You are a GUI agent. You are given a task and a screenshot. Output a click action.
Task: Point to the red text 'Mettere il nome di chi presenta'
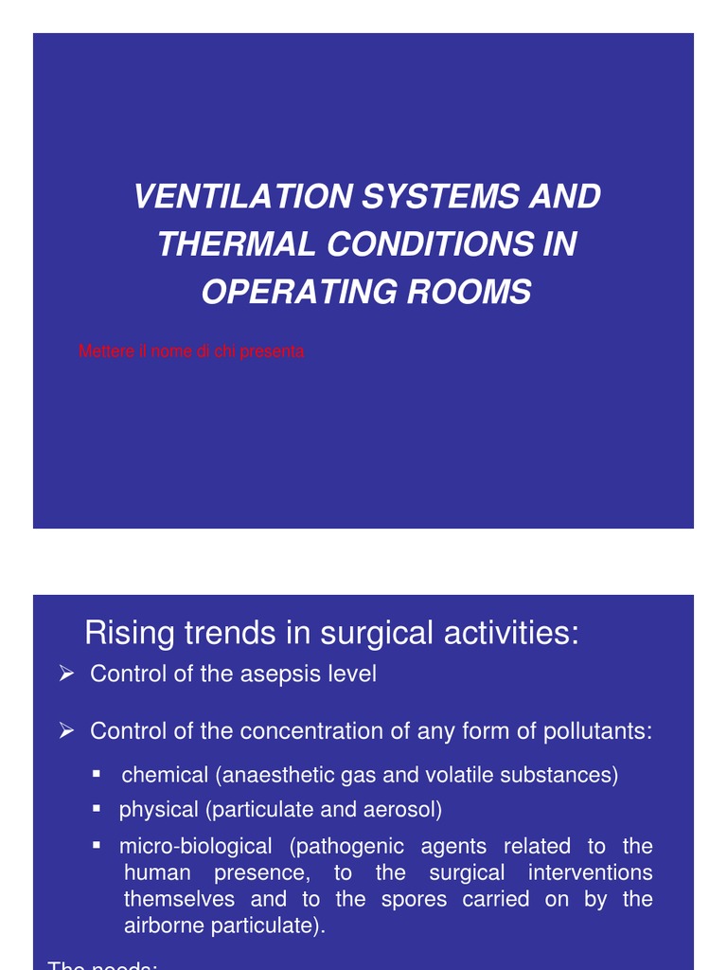coord(191,351)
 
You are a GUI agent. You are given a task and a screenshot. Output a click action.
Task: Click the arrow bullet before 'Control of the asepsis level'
coord(66,674)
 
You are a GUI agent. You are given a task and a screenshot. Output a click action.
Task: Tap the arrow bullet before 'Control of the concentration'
coord(66,730)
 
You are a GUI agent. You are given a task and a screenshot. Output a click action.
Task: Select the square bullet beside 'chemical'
coord(97,774)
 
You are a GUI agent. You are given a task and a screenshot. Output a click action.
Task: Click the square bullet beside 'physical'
coord(97,809)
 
